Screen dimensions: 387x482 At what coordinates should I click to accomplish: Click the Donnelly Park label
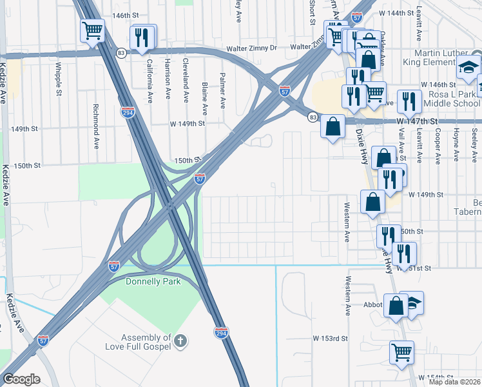click(x=144, y=281)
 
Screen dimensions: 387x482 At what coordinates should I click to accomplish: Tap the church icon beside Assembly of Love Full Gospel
click(x=181, y=340)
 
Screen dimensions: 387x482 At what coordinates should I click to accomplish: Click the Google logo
click(x=21, y=379)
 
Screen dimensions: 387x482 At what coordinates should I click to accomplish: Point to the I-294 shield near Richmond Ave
click(x=128, y=112)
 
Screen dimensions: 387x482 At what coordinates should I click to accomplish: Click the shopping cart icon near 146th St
click(x=92, y=30)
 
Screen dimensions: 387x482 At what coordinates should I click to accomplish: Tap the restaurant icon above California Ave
click(x=142, y=37)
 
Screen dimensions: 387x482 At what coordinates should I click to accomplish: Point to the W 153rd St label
click(x=331, y=338)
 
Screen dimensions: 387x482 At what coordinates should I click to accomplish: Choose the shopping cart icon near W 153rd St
click(x=401, y=352)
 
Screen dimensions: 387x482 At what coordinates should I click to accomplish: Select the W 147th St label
click(x=416, y=121)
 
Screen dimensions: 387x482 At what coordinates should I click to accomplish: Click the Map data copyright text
click(x=455, y=382)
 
